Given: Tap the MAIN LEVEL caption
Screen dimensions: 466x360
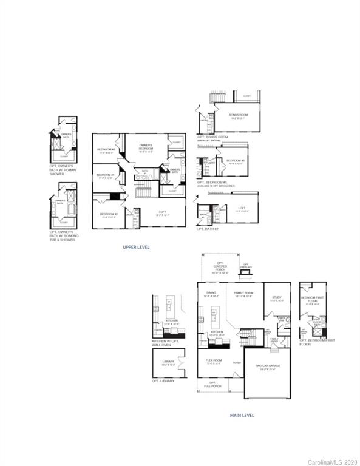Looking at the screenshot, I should click(x=242, y=416).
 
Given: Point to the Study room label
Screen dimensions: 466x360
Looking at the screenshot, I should click(x=277, y=299).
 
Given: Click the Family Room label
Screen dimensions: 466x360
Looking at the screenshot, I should click(x=243, y=294).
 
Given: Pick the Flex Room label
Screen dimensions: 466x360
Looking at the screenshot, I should click(x=214, y=361).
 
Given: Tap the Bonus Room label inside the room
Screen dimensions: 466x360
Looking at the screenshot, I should click(x=238, y=116).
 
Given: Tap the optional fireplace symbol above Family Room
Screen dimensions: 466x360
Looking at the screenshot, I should click(x=245, y=276).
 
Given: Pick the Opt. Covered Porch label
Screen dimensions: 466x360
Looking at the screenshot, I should click(x=219, y=269).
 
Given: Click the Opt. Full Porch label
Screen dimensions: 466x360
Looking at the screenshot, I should click(x=212, y=384).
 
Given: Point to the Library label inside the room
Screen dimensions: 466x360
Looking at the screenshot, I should click(x=168, y=363).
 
